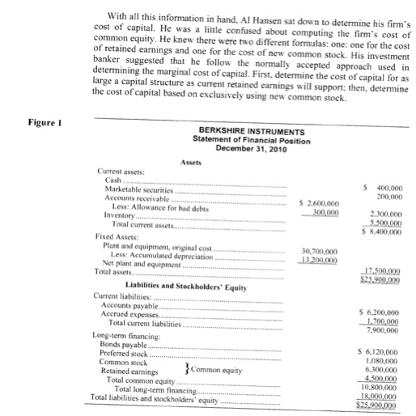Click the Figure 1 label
(x=23, y=125)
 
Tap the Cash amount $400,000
(x=382, y=187)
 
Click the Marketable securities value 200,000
(x=385, y=196)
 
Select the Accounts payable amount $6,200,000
(x=382, y=309)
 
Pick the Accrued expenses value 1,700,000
(x=384, y=317)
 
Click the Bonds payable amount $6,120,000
(x=382, y=350)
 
